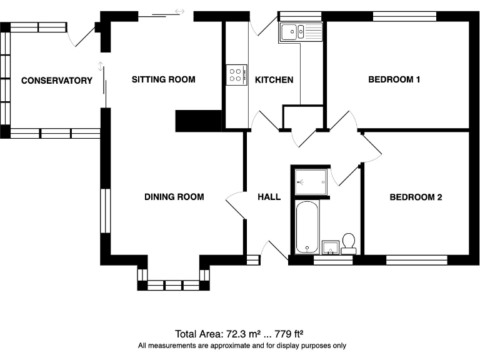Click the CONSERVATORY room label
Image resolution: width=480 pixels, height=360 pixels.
[x=57, y=81]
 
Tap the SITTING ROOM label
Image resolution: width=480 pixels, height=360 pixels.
[x=164, y=79]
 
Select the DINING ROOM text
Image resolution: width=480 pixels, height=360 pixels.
[x=174, y=197]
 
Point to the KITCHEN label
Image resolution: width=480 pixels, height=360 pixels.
[x=274, y=80]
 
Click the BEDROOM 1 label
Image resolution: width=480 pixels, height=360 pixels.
[x=394, y=79]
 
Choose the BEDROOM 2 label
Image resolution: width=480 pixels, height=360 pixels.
[x=416, y=197]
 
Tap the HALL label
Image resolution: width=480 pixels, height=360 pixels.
[x=269, y=197]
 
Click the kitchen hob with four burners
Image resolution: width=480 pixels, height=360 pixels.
[x=237, y=75]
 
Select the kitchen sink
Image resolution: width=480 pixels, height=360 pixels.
[x=300, y=32]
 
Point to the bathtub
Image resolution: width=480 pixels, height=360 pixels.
[x=307, y=227]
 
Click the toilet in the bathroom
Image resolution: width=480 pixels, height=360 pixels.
[x=349, y=244]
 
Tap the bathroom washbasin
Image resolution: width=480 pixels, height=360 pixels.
[x=331, y=247]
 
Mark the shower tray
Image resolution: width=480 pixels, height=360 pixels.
[x=311, y=182]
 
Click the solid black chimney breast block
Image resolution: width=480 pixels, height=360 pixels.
[x=198, y=121]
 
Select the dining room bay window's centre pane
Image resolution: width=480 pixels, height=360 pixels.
[x=174, y=285]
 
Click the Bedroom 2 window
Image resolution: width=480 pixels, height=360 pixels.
[x=417, y=260]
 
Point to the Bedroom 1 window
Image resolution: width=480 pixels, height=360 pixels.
[x=404, y=16]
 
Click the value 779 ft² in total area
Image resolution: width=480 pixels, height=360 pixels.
[x=289, y=334]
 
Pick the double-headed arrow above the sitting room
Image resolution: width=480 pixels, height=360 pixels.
[x=180, y=12]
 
